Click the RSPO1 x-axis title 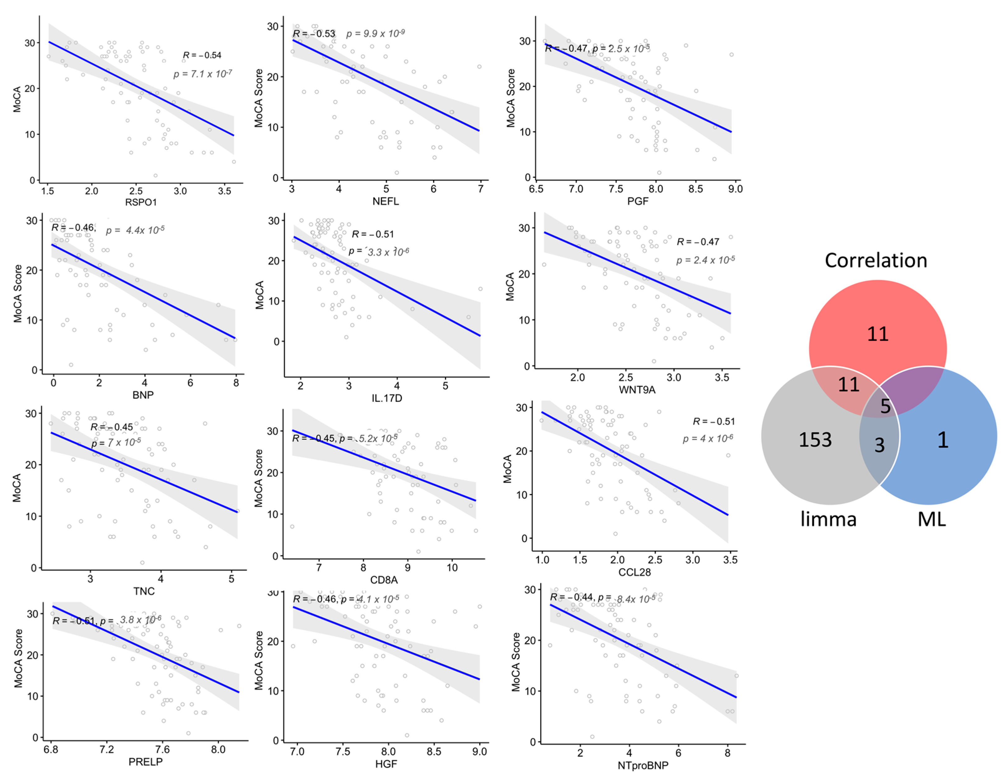pyautogui.click(x=141, y=202)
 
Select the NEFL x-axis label pyautogui.click(x=386, y=201)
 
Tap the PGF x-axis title pyautogui.click(x=638, y=201)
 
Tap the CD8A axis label pyautogui.click(x=384, y=580)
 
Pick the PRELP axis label pyautogui.click(x=145, y=762)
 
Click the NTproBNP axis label pyautogui.click(x=643, y=766)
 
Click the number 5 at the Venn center pyautogui.click(x=885, y=406)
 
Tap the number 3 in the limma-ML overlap pyautogui.click(x=879, y=445)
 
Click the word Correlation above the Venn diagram pyautogui.click(x=876, y=261)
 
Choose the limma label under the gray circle pyautogui.click(x=828, y=520)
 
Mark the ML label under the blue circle pyautogui.click(x=932, y=520)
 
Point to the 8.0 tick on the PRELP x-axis pyautogui.click(x=218, y=749)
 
